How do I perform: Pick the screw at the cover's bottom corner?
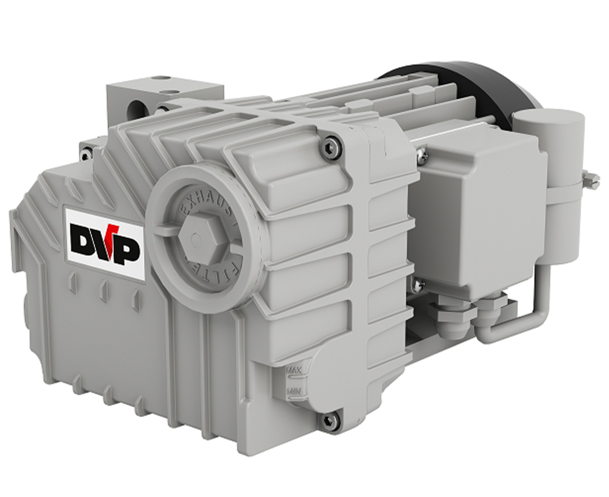(x=329, y=421)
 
